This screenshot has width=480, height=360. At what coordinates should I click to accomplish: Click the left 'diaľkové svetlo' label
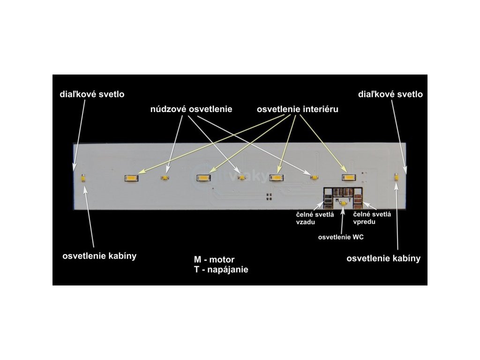92,94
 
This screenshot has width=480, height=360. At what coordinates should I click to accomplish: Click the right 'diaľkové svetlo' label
390,94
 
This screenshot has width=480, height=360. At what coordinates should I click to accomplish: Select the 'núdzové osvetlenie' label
191,109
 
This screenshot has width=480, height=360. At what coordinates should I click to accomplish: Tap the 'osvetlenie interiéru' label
298,109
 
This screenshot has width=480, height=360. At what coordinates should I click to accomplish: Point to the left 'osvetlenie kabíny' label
99,256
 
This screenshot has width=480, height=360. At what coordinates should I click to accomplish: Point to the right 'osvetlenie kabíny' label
383,258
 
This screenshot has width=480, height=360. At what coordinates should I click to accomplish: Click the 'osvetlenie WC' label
341,237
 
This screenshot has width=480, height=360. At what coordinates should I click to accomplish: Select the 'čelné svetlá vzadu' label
308,217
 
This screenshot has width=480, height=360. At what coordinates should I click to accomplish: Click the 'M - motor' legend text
214,260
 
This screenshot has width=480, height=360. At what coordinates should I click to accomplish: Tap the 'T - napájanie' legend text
221,270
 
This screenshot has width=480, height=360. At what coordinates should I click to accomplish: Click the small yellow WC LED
343,202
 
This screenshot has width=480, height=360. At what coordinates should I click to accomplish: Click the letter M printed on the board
337,200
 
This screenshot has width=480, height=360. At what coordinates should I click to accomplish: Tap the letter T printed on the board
350,200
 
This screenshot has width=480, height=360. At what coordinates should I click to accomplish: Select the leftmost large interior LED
130,178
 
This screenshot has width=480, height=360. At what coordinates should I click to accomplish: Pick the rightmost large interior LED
348,177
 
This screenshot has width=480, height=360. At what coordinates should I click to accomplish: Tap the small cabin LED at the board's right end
396,177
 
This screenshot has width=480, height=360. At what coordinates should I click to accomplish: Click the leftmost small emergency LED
165,178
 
